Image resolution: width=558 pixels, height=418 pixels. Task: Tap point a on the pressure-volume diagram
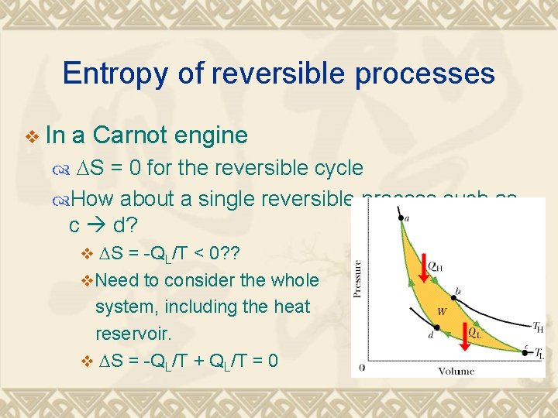pos(401,219)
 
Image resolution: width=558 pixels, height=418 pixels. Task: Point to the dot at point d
pos(437,327)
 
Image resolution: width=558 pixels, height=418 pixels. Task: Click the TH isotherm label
pos(537,327)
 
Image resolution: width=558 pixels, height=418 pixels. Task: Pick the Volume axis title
pos(456,372)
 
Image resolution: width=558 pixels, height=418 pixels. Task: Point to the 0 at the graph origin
pos(362,366)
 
